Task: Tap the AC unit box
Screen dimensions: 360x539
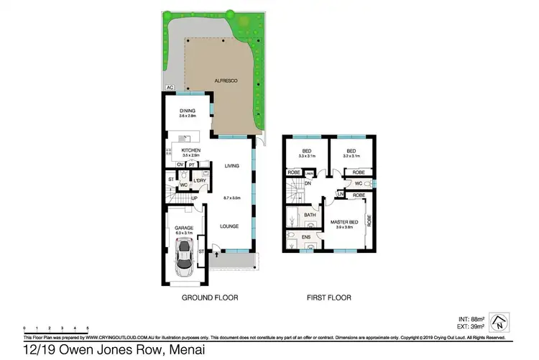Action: (170, 88)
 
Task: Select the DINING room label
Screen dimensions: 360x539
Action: (188, 111)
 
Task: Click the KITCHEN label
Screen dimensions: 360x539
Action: (190, 150)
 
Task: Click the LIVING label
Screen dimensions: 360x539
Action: (231, 166)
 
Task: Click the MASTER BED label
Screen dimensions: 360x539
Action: (344, 222)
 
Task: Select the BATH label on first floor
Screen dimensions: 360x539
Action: (310, 214)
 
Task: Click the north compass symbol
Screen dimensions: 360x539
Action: (499, 321)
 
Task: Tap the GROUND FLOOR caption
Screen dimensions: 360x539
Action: (210, 297)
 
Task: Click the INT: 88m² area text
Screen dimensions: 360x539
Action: (473, 318)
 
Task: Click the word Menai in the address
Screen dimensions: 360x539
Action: (187, 350)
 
